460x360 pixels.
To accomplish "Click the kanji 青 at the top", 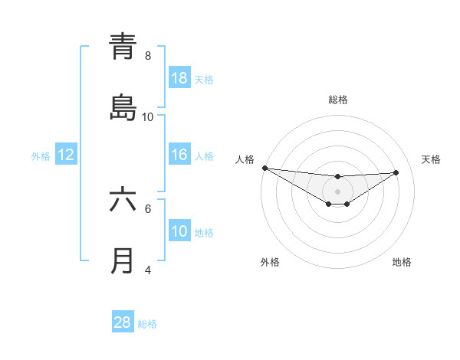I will [123, 47].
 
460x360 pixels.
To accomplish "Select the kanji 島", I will [123, 108].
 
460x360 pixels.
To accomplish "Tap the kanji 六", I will [123, 201].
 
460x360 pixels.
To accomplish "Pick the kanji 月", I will [123, 261].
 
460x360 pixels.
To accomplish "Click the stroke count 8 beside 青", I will [148, 56].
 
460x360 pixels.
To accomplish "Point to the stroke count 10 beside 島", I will [148, 116].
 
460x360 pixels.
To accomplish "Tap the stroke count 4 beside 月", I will [148, 270].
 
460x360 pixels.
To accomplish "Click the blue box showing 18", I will [179, 78].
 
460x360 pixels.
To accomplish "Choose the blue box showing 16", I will [179, 155].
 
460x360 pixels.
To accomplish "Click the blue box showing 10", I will [179, 231].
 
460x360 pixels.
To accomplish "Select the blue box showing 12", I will [66, 155].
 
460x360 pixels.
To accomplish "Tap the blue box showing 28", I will [123, 322].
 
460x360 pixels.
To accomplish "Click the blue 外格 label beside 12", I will [41, 155].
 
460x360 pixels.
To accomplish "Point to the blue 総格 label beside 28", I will [147, 324].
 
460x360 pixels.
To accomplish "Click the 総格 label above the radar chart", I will [338, 100].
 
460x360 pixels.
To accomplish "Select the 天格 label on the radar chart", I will [431, 159].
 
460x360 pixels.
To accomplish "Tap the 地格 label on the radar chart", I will [402, 262].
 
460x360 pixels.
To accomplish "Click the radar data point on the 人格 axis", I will [264, 168].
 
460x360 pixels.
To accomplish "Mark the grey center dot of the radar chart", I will [337, 191].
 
